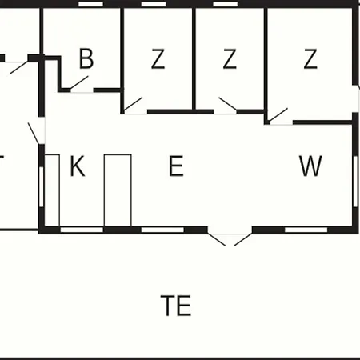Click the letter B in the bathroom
coord(86,58)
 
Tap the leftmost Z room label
coord(158,58)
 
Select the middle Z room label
coord(230,58)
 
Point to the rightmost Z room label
coord(310,58)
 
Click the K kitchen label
coord(78,166)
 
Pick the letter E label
coord(176,166)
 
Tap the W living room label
coord(310,166)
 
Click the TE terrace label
coord(176,306)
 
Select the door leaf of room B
coord(79,82)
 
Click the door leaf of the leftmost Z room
coord(133,104)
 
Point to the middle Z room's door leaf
coord(228,104)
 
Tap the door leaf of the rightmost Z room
coord(278,115)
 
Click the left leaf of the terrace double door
coord(217,240)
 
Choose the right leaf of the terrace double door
coord(243,240)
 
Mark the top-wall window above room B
coord(91,4)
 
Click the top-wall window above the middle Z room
coord(226,4)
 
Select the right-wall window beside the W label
coord(355,182)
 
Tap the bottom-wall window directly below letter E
coord(162,230)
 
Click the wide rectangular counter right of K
coord(118,190)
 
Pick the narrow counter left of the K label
coord(52,190)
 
